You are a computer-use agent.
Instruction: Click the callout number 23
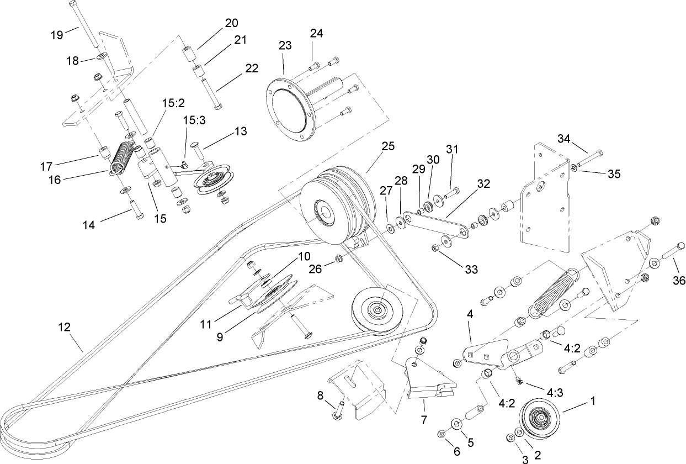(x=285, y=45)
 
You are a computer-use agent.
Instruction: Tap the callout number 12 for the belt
(x=64, y=327)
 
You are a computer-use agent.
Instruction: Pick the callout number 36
(x=679, y=281)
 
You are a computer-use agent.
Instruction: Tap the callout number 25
(x=388, y=147)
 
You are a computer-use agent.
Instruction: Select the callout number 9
(x=220, y=336)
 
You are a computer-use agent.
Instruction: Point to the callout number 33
(x=470, y=270)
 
